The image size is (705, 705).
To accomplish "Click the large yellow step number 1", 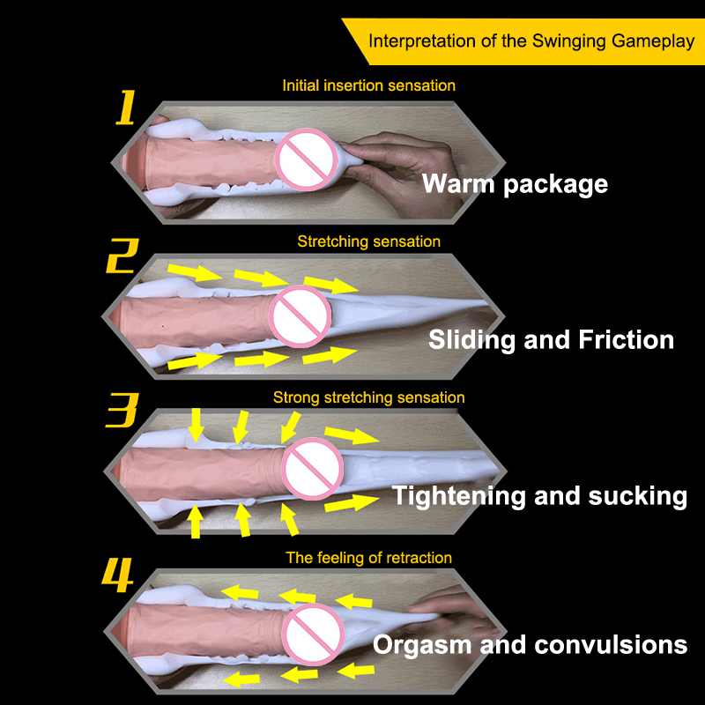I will point(127,109).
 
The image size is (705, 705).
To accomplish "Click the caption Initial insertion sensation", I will point(368,85).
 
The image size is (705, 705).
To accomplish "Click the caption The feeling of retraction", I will point(368,558).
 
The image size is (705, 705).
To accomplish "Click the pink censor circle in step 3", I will point(310,464).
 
